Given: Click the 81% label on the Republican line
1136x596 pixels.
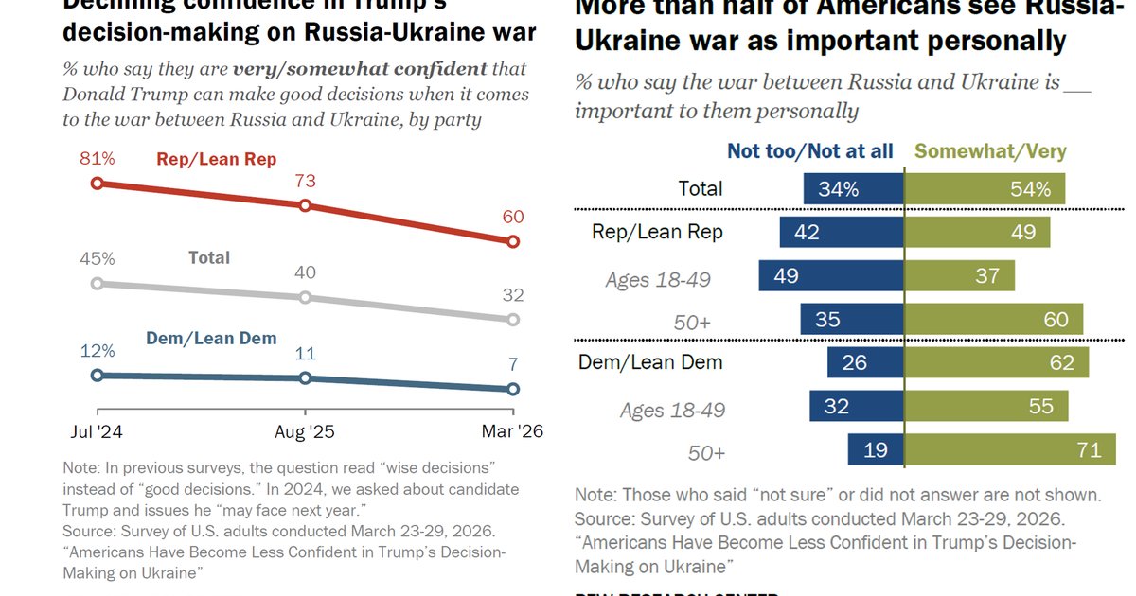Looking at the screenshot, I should click(97, 159).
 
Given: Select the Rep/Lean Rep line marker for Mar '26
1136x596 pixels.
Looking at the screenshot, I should click(513, 241).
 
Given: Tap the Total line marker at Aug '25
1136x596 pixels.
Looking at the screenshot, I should click(305, 297).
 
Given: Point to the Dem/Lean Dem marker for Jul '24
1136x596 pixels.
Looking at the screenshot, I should click(97, 376).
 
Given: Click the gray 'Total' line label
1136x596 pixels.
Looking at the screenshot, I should click(208, 257).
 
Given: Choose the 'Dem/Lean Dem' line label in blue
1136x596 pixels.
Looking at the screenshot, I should click(210, 339).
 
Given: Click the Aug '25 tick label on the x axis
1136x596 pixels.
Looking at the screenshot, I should click(305, 431).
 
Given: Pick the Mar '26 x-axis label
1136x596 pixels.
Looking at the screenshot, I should click(512, 431).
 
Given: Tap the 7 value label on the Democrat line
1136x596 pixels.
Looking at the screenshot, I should click(512, 364).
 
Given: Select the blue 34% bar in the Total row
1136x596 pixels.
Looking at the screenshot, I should click(853, 189).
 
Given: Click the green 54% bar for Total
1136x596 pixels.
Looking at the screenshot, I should click(985, 189).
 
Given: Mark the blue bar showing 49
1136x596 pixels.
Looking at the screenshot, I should click(830, 275).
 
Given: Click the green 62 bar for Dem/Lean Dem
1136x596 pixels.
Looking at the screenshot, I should click(996, 362).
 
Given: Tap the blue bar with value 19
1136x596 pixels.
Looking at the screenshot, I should click(876, 449).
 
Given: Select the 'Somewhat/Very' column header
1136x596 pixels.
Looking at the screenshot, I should click(990, 151).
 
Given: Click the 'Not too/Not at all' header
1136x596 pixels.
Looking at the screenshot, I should click(810, 151).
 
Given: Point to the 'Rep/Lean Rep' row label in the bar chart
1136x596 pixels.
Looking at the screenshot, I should click(657, 232).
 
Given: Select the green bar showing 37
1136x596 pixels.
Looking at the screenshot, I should click(959, 275).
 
